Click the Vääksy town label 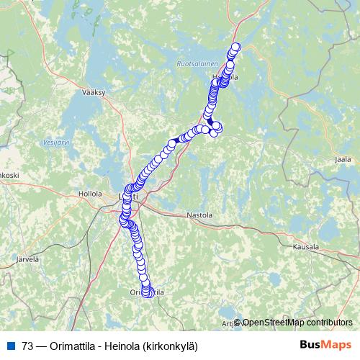coord(94,93)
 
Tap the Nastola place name coord(199,215)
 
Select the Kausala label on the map coord(305,246)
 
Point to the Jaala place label coord(343,159)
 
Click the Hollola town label coord(90,194)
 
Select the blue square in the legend coord(10,344)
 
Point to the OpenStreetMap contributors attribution coord(297,322)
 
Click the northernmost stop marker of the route coord(235,48)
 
